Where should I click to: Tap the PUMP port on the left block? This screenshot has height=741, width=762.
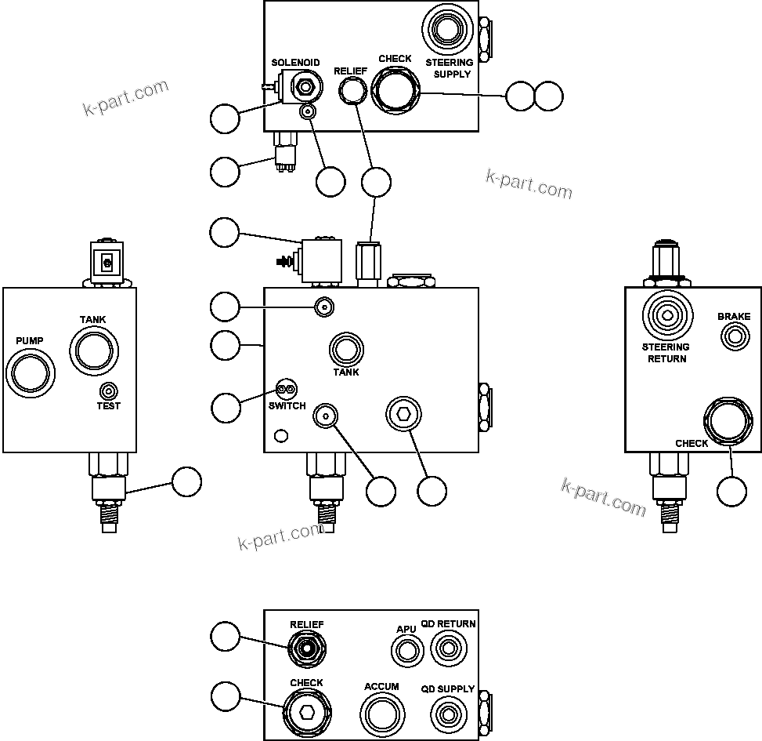[31, 372]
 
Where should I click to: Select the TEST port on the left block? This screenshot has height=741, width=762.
[109, 390]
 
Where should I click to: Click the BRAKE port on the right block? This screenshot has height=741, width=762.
[735, 337]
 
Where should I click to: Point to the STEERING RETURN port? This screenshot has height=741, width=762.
[666, 316]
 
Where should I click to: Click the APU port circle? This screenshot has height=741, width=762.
[406, 650]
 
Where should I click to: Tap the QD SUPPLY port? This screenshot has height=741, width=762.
[448, 714]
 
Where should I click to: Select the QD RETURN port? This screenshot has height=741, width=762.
[448, 649]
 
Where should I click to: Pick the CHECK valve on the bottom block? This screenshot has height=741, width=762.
[306, 712]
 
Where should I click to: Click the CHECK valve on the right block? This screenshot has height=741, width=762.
[726, 421]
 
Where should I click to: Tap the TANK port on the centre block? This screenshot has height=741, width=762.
[345, 349]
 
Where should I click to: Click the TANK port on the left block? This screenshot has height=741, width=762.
[93, 349]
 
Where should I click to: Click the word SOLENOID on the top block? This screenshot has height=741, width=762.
[295, 63]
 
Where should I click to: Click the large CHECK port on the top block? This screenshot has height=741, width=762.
[395, 91]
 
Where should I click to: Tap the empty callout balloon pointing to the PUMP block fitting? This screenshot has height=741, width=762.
[186, 481]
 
